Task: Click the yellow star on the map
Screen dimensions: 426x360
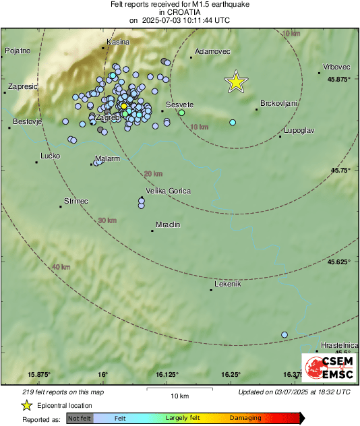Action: (235, 82)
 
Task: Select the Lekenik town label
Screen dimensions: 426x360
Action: (227, 284)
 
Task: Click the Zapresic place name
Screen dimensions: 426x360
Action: (23, 87)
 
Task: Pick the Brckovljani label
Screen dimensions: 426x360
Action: (278, 104)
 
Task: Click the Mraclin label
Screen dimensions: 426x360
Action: (168, 224)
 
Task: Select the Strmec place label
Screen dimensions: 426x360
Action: (76, 201)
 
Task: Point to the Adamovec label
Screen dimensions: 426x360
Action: (212, 51)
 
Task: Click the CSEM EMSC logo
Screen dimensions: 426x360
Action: (326, 369)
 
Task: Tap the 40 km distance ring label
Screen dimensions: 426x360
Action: (61, 267)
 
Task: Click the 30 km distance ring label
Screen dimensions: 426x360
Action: (107, 220)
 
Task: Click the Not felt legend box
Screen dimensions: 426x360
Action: (80, 418)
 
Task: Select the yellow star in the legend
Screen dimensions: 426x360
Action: (26, 405)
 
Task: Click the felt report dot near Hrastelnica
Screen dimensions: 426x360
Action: (284, 335)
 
